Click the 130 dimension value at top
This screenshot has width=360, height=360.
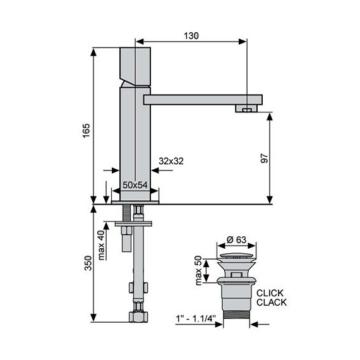point(191,36)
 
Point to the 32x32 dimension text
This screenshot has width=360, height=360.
point(171,161)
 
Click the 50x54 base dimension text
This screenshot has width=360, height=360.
point(135,184)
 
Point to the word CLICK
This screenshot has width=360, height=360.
point(271,293)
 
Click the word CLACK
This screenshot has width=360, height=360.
point(271,303)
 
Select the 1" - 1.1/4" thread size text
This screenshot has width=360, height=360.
point(196,320)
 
